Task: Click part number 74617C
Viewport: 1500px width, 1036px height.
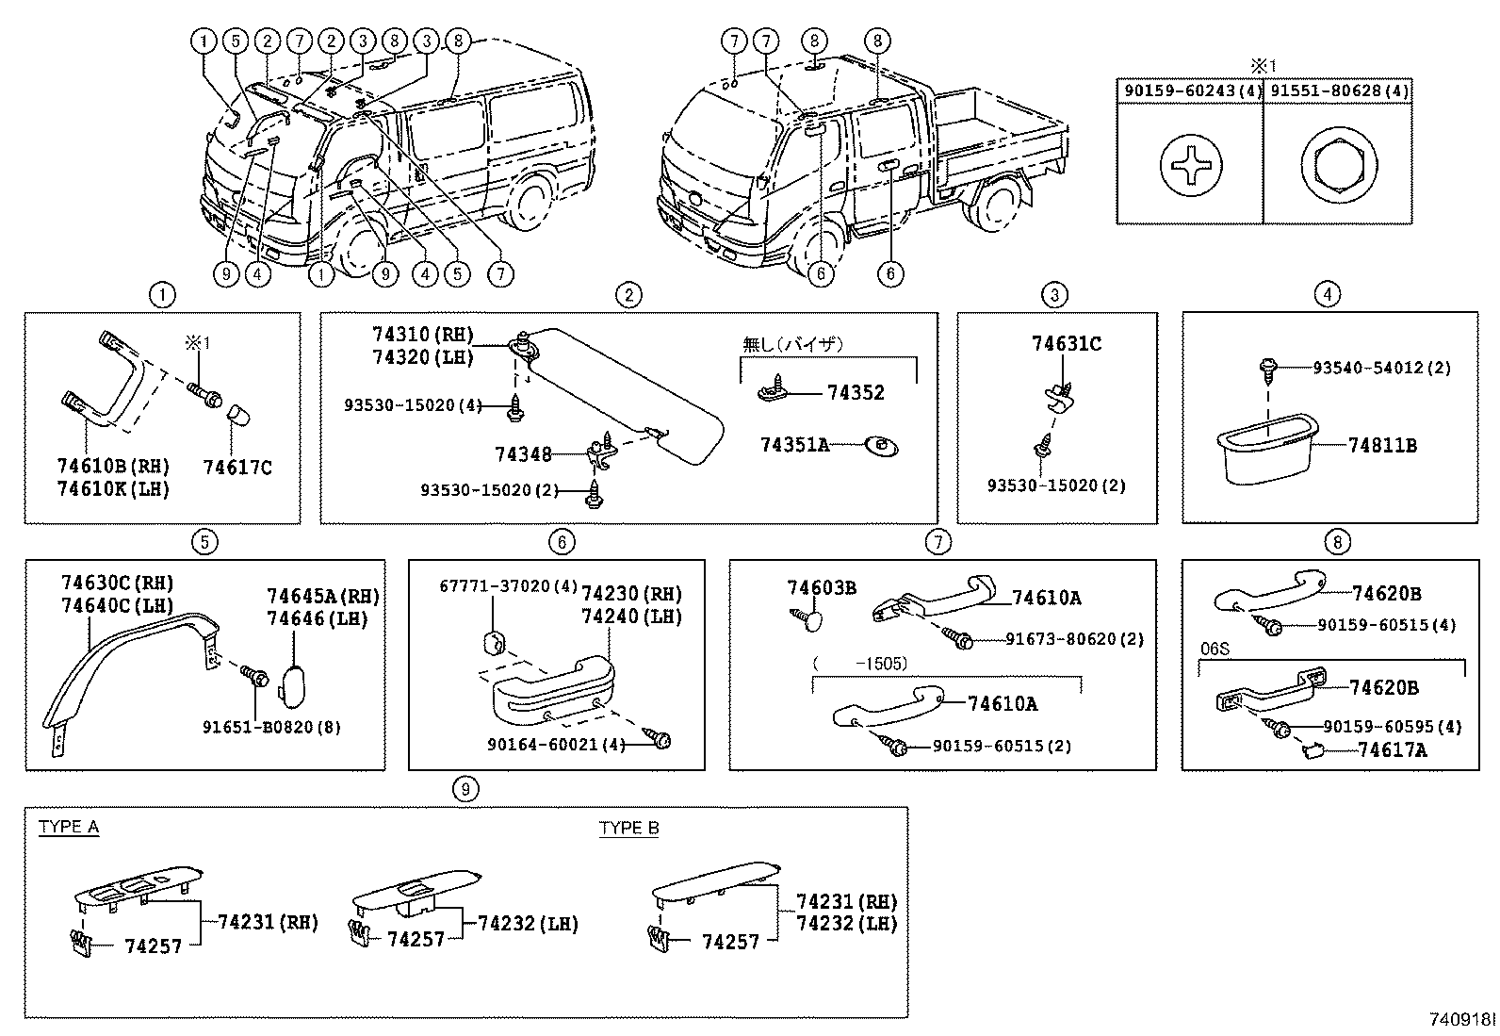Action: [x=236, y=467]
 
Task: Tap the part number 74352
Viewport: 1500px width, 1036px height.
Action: [x=856, y=393]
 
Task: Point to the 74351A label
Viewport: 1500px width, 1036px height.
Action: [x=794, y=445]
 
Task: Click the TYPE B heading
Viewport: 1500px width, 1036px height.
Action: [x=628, y=829]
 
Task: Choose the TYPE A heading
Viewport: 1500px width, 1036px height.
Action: [x=68, y=828]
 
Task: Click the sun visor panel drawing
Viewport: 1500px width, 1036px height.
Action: [x=627, y=396]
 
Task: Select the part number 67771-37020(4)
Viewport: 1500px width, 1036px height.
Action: [x=508, y=586]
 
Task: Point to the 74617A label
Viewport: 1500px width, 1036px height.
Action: [x=1392, y=750]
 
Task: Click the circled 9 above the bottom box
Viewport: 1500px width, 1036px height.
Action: [x=465, y=788]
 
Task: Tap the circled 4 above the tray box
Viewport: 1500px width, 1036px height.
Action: [x=1326, y=295]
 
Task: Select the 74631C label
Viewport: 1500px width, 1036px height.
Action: [x=1066, y=344]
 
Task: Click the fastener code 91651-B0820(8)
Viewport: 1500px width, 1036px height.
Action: [x=270, y=727]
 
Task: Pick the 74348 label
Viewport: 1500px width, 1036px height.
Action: [x=523, y=454]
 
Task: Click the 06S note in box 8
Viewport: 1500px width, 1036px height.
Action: [x=1215, y=650]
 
